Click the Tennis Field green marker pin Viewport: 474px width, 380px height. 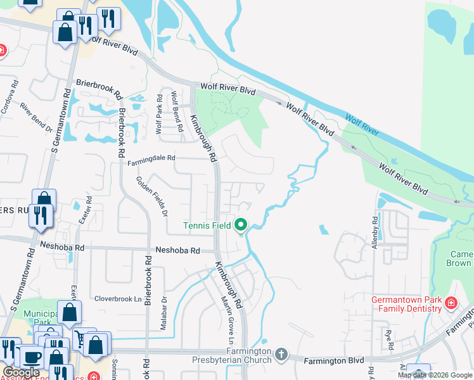[x=241, y=225]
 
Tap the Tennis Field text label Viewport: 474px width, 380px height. [x=207, y=225]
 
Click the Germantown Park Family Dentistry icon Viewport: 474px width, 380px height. [x=451, y=303]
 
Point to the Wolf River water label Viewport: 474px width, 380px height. [x=362, y=123]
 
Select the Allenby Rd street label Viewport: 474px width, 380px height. [x=376, y=233]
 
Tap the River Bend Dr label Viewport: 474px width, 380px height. [x=35, y=118]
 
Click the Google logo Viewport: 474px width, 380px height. [x=20, y=372]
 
